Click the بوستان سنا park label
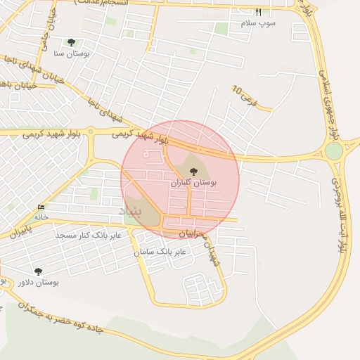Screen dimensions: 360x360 click(x=70, y=53)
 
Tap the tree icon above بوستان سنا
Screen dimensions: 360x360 click(x=71, y=42)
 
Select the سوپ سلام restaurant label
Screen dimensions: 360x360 click(x=259, y=23)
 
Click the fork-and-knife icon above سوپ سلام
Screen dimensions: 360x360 click(x=258, y=13)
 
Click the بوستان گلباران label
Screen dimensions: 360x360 click(x=193, y=182)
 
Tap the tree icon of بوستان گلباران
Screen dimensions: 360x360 click(x=193, y=169)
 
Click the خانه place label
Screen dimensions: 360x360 click(x=41, y=217)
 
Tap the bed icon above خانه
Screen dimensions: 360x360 click(x=41, y=207)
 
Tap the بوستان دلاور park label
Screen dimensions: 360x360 click(x=39, y=282)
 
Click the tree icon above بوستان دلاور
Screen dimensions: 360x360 click(x=38, y=271)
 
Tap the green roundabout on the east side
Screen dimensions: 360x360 click(x=334, y=151)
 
